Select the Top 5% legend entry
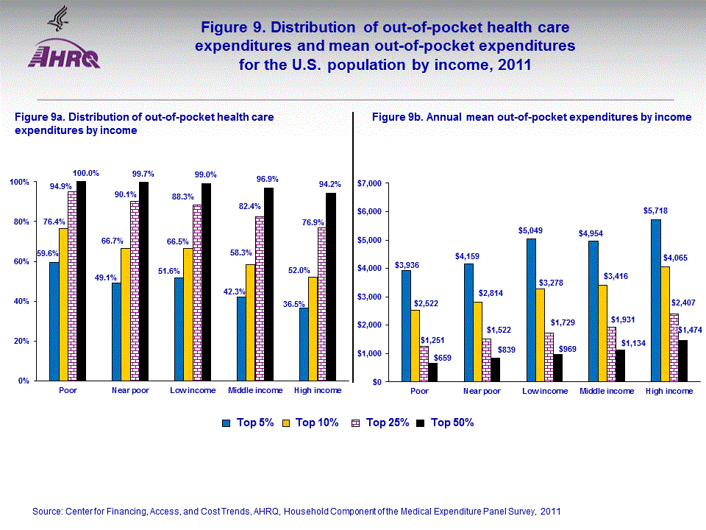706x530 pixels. click(249, 423)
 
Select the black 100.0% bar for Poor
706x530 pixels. click(81, 281)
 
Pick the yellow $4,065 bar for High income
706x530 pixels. click(664, 324)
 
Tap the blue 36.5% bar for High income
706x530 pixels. click(304, 344)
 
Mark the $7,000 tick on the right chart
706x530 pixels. click(370, 183)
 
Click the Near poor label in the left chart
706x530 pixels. click(130, 391)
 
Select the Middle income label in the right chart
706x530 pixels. click(606, 392)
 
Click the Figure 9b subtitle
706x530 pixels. click(531, 117)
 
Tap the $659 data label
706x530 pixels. click(442, 357)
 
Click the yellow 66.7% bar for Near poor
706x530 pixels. click(125, 314)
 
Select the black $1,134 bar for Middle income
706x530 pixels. click(620, 365)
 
